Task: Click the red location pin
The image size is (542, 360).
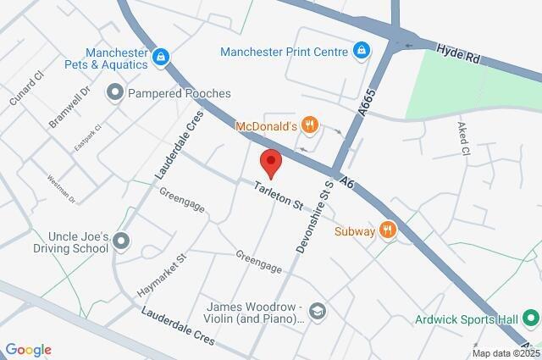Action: click(x=270, y=161)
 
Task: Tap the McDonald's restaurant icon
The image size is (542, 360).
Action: click(x=310, y=126)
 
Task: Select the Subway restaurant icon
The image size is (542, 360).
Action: click(x=388, y=230)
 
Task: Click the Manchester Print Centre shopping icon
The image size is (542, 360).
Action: click(x=362, y=52)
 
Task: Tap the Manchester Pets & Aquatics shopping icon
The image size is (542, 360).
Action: click(x=161, y=58)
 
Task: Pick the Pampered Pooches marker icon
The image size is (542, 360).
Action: click(x=115, y=91)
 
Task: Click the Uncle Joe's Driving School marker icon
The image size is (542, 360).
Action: click(x=121, y=241)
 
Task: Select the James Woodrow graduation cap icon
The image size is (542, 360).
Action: click(x=317, y=312)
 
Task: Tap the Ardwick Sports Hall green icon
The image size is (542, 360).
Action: click(x=531, y=319)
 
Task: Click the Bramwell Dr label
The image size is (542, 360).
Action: click(x=69, y=107)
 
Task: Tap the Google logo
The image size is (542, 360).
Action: click(x=28, y=350)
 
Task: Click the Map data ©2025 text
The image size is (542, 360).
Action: click(x=504, y=353)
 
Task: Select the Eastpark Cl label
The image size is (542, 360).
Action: click(x=87, y=139)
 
